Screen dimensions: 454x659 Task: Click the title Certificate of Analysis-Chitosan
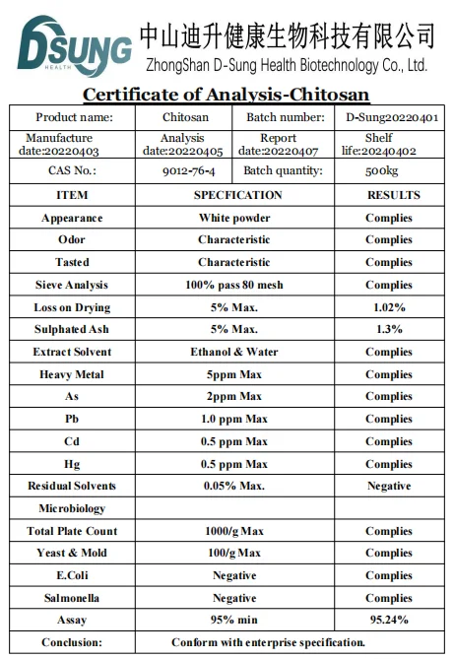tap(226, 95)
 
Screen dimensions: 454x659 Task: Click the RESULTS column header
tap(393, 195)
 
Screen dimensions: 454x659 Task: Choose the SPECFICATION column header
tap(237, 195)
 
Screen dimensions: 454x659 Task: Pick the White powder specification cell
tap(233, 218)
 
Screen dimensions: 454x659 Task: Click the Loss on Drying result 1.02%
tap(389, 307)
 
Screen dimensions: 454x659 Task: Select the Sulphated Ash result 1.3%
tap(389, 329)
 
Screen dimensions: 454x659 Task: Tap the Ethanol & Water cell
tap(233, 352)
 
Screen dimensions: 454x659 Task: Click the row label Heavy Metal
tap(72, 374)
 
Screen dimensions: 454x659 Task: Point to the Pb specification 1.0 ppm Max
tap(233, 419)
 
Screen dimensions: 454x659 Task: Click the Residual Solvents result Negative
tap(389, 486)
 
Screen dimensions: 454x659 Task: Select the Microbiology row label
tap(72, 508)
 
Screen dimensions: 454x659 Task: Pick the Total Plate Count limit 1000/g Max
tap(233, 531)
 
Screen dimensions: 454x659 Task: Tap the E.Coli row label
tap(72, 575)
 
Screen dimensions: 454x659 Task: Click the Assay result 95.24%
tap(389, 620)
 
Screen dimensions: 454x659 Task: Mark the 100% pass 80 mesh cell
tap(233, 285)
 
